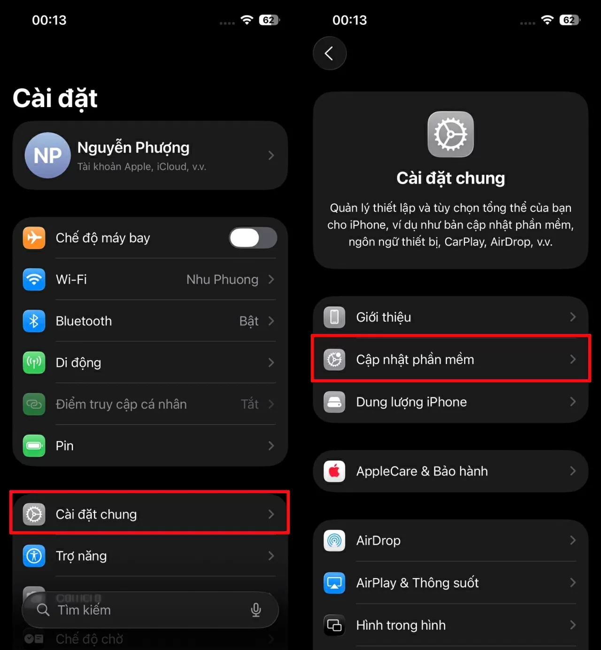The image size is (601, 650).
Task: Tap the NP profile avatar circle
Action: (47, 155)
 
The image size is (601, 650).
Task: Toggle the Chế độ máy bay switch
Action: (253, 238)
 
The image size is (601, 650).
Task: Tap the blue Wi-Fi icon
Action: (34, 279)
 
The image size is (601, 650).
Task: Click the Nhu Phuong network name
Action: (222, 279)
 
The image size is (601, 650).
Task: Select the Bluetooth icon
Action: (34, 321)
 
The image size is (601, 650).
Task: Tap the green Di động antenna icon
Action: (34, 363)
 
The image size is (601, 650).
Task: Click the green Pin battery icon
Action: (34, 446)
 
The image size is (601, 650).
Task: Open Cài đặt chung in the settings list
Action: (96, 514)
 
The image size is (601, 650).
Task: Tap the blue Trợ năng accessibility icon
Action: (34, 556)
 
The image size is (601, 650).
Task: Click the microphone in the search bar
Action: (256, 610)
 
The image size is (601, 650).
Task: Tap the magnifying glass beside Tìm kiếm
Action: (43, 610)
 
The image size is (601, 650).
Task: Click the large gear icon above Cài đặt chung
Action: (450, 134)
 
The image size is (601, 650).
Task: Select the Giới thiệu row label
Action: (384, 317)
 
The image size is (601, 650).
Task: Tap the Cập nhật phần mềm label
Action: (415, 360)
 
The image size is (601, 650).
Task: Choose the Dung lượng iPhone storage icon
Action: (334, 402)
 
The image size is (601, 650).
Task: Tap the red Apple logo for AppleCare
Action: (334, 471)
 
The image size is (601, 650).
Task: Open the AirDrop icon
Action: (334, 541)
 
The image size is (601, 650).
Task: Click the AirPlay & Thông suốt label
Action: (417, 583)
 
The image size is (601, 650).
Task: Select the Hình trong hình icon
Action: (334, 625)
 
